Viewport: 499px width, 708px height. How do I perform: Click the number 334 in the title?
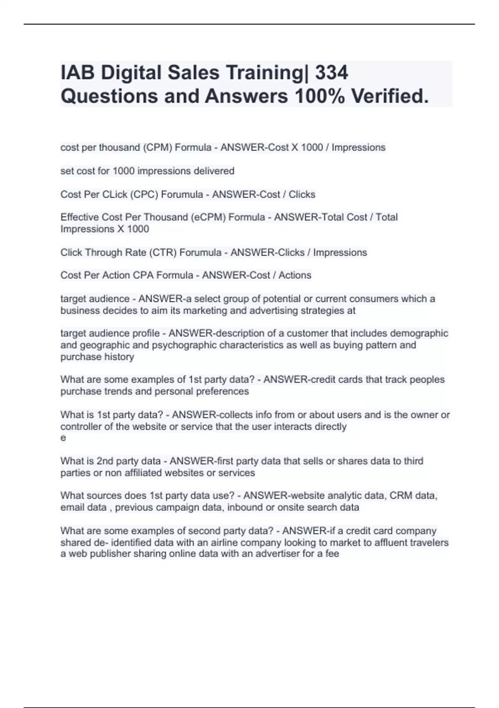click(x=331, y=73)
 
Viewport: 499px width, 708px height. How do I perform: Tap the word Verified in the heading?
click(x=389, y=96)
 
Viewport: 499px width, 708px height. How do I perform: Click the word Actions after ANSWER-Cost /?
click(x=295, y=275)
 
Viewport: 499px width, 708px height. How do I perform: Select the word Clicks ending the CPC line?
click(x=302, y=194)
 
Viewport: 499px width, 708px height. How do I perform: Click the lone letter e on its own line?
click(x=63, y=438)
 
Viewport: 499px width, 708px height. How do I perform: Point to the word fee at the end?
click(x=332, y=553)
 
